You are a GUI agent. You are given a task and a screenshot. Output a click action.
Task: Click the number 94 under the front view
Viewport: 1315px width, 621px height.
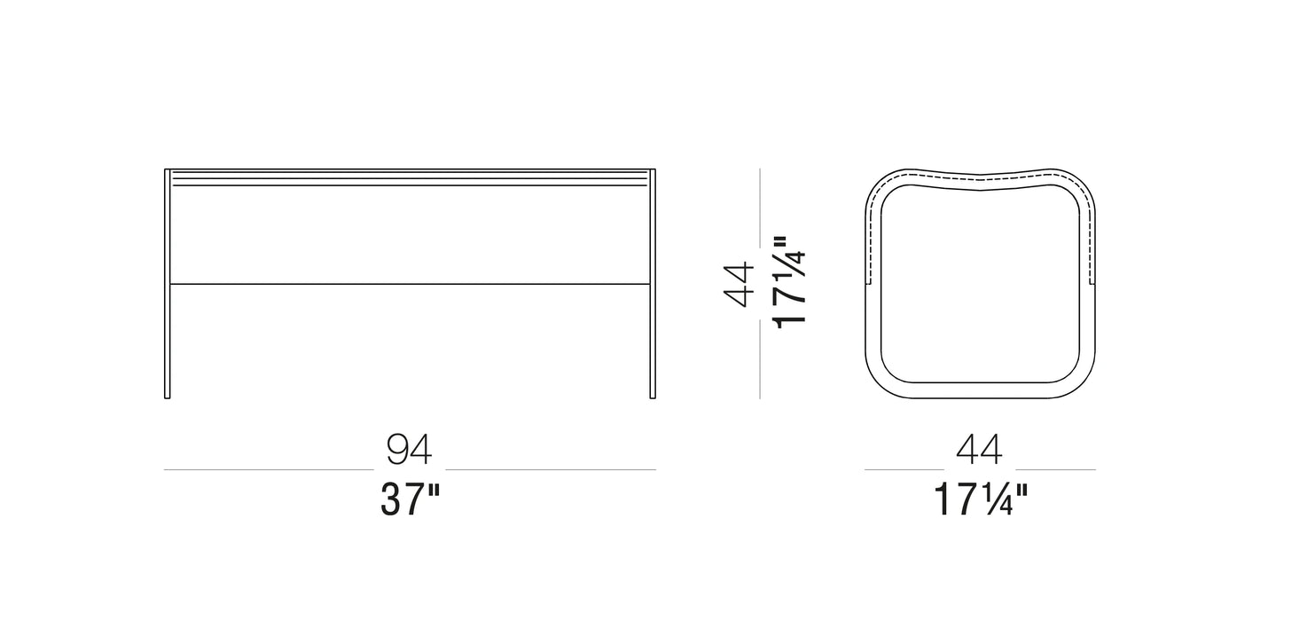coord(409,450)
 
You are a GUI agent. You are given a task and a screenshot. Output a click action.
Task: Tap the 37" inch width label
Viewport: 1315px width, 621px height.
coord(410,499)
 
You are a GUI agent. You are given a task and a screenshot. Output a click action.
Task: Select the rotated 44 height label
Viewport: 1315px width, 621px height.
coord(738,285)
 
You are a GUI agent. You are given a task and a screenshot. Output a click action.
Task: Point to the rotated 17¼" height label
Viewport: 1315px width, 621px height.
coord(789,282)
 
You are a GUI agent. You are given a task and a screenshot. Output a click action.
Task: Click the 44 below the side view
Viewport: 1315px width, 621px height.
coord(979,450)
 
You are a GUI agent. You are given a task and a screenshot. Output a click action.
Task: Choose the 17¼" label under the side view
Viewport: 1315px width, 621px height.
coord(981,499)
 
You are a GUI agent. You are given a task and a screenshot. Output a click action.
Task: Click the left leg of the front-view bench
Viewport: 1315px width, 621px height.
coord(168,284)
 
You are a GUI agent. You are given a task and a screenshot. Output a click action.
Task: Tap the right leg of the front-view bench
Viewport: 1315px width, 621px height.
coord(653,284)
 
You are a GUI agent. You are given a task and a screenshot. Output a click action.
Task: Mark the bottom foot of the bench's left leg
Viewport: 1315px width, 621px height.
coord(168,397)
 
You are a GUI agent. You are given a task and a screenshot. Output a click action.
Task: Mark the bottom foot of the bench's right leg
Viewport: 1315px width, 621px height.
coord(653,397)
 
